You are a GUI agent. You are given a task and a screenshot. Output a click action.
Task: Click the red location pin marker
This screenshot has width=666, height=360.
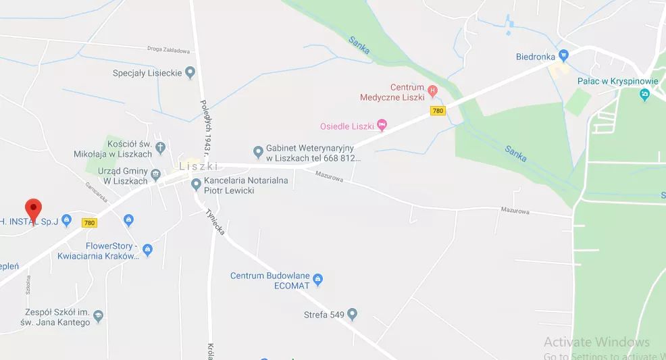click(x=33, y=209)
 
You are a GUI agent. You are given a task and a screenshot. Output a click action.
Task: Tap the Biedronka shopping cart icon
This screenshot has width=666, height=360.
click(x=564, y=55)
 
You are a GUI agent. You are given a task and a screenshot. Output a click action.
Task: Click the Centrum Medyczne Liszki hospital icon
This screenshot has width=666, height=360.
click(x=433, y=90)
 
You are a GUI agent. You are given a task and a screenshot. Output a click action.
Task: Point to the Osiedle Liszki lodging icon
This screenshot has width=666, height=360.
click(x=382, y=124)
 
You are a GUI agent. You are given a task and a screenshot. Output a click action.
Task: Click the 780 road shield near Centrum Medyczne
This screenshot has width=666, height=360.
click(x=438, y=110)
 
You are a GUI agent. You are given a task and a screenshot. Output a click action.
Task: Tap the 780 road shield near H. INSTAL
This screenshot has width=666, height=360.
click(x=88, y=222)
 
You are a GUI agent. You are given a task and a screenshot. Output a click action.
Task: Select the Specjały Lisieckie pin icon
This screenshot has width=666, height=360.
click(x=190, y=72)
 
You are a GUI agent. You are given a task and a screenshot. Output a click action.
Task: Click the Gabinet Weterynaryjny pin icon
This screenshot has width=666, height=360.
click(x=257, y=151)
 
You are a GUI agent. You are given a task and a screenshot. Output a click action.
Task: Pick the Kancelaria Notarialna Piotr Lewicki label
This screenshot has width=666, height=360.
click(x=246, y=185)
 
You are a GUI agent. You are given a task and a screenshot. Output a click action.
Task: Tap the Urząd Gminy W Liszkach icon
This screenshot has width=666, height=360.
click(x=156, y=174)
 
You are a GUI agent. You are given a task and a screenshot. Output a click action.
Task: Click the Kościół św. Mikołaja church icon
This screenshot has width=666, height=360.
click(x=160, y=146)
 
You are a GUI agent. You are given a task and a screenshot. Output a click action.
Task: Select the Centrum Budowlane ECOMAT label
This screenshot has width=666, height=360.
click(x=270, y=280)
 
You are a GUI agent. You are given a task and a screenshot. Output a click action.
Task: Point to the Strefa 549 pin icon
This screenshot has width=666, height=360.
click(x=351, y=314)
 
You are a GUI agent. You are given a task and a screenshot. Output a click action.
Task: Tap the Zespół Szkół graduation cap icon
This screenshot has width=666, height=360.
click(x=99, y=315)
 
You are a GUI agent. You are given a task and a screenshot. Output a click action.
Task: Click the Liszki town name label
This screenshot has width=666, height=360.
click(x=199, y=165)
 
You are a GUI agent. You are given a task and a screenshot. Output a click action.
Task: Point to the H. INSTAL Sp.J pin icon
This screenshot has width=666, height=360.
click(x=66, y=220)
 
